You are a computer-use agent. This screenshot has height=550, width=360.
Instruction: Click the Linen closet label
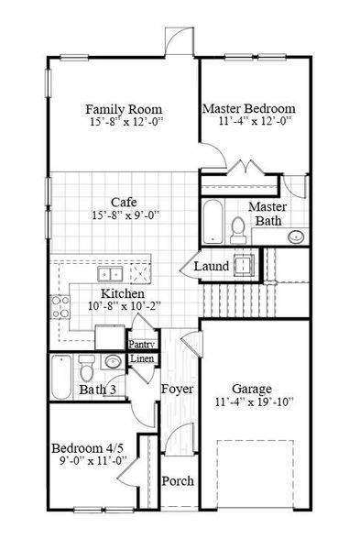141,358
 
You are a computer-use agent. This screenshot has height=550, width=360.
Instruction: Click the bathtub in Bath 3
61,378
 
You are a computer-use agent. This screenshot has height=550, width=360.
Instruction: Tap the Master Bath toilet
237,227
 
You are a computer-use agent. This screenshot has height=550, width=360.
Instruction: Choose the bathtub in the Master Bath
213,221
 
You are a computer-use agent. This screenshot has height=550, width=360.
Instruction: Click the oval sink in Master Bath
296,237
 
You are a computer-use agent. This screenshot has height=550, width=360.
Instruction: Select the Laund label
211,267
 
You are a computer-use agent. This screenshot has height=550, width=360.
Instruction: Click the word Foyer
178,390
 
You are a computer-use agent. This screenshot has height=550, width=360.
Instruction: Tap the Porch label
178,481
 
